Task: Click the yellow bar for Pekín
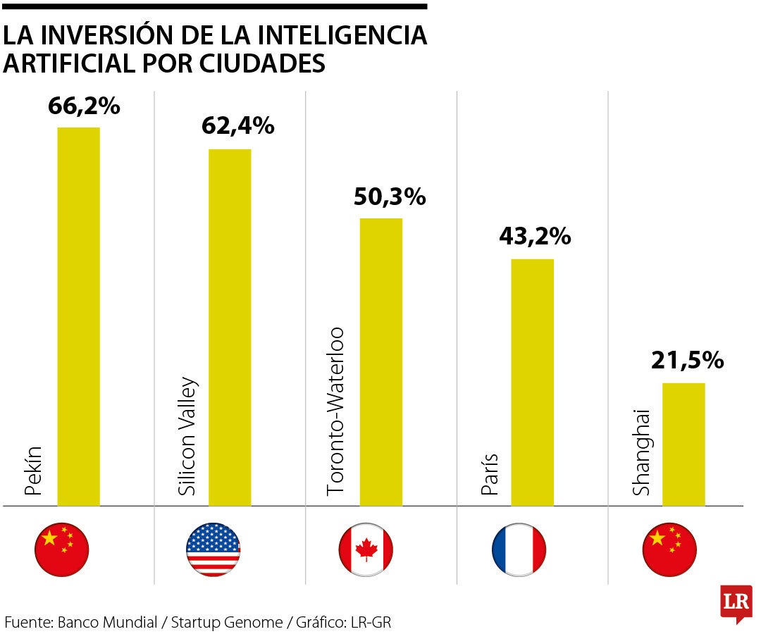(x=78, y=316)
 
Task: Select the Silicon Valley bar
(x=230, y=327)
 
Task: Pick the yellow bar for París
(x=532, y=382)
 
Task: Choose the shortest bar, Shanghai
(x=683, y=444)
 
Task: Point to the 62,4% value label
(x=237, y=126)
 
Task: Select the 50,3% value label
(x=390, y=197)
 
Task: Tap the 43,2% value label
(x=534, y=237)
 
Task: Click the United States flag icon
(x=214, y=549)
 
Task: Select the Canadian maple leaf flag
(x=366, y=549)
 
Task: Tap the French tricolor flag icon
(x=519, y=549)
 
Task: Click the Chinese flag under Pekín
(x=62, y=549)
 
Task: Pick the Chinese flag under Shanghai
(x=669, y=549)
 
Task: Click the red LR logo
(x=736, y=603)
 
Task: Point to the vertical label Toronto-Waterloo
(x=337, y=411)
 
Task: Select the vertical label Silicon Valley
(x=187, y=438)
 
